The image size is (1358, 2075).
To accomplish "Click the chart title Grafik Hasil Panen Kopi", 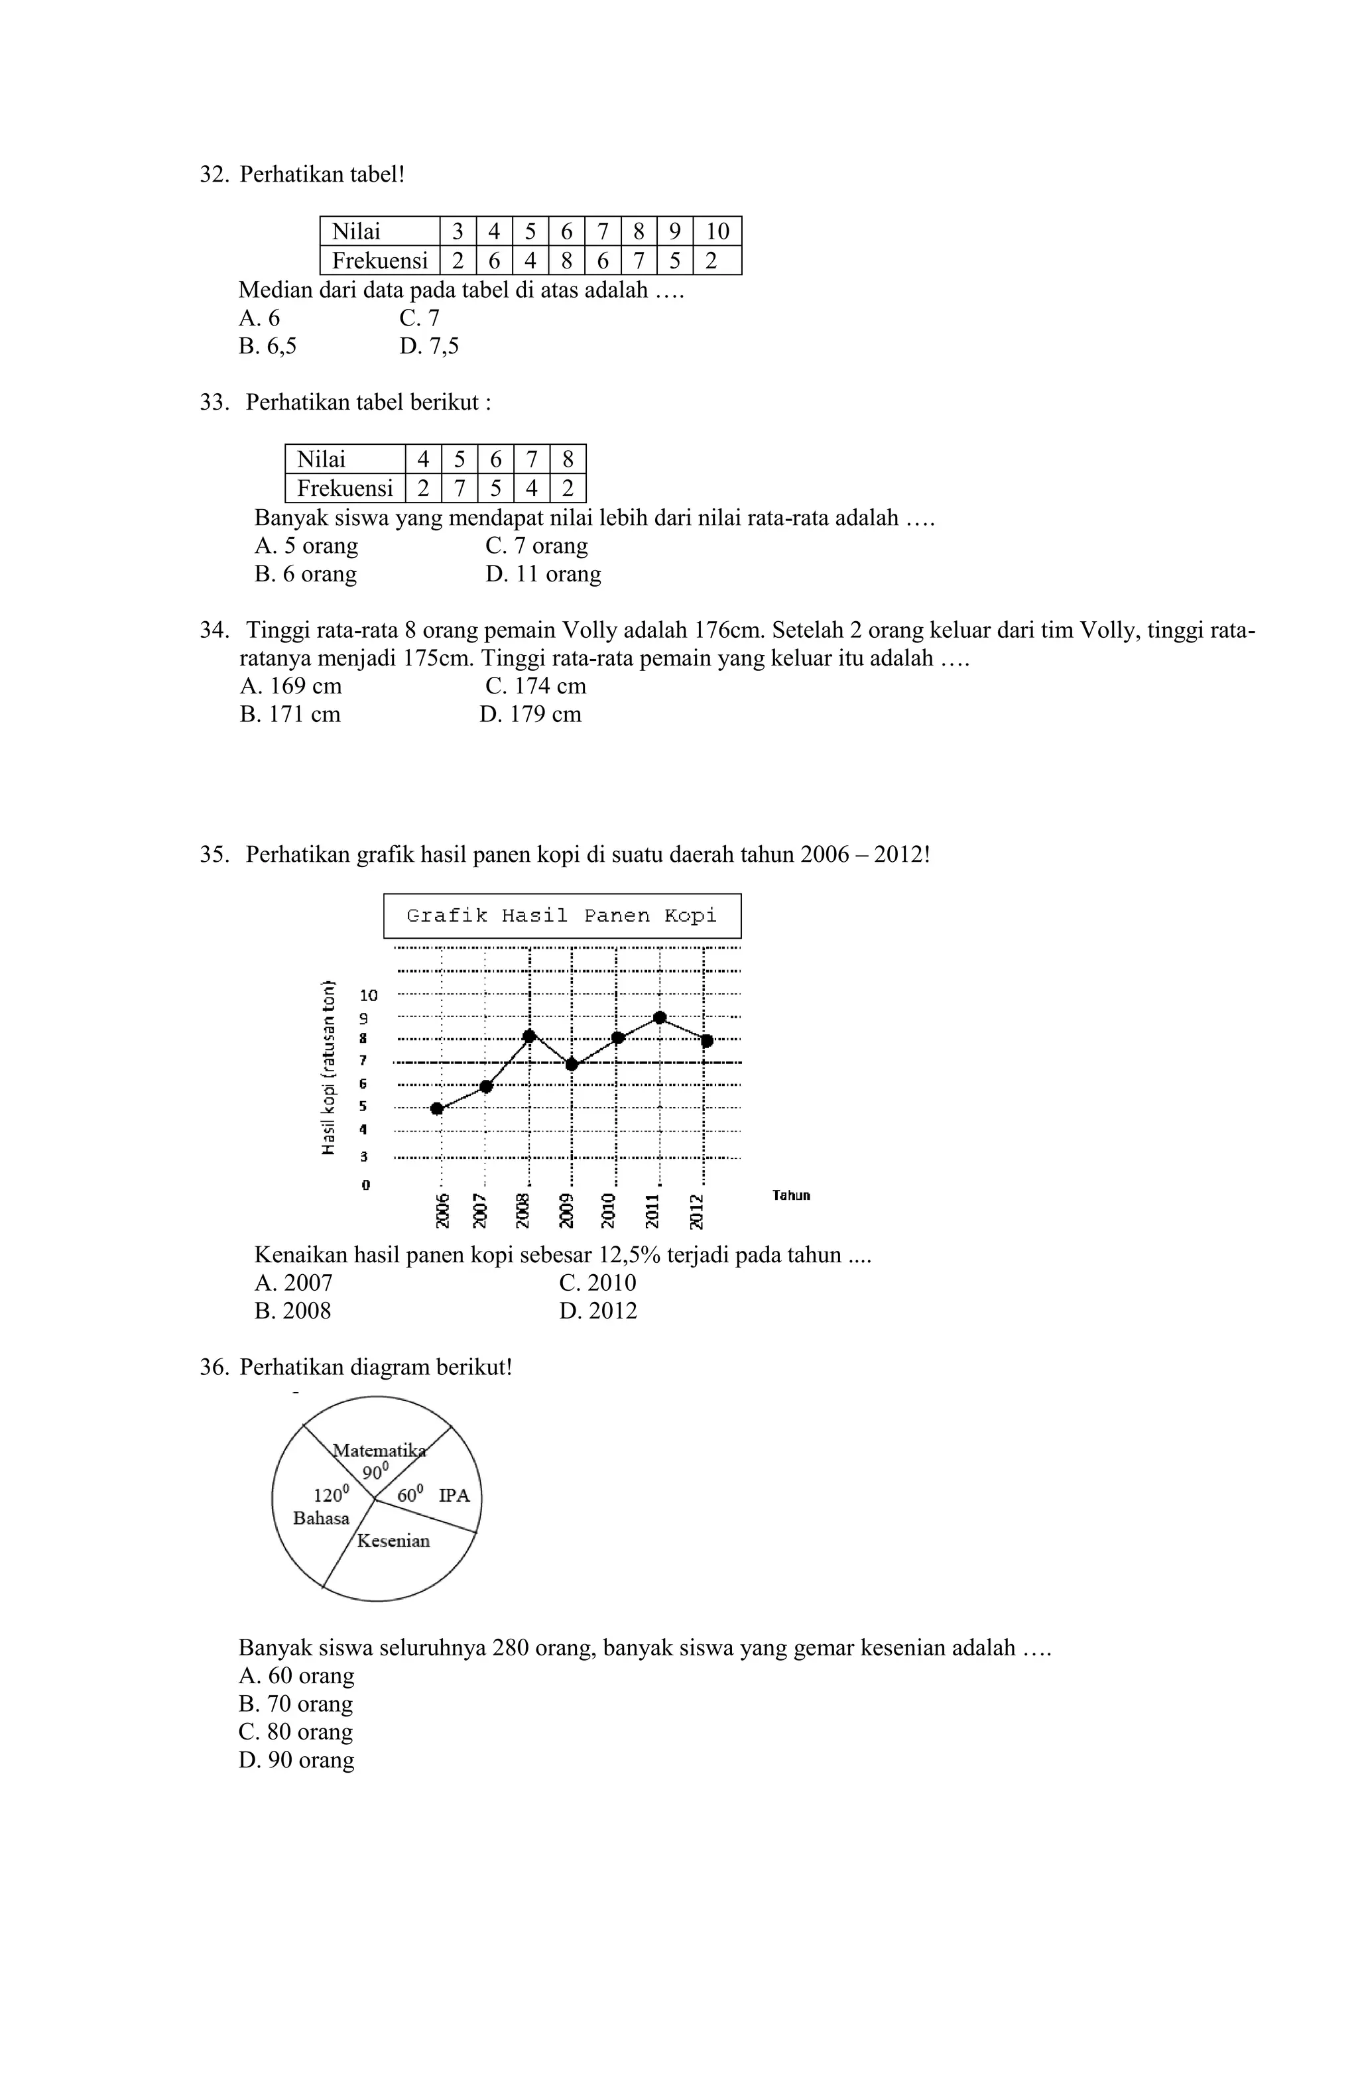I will [562, 916].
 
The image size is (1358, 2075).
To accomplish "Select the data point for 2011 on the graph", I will [660, 1018].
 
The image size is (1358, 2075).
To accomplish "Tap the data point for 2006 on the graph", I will [437, 1109].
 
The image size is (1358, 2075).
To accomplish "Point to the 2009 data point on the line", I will [572, 1065].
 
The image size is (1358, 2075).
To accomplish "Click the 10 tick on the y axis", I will [369, 995].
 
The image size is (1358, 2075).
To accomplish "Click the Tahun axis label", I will [791, 1195].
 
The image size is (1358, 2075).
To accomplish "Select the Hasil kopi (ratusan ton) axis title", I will [329, 1068].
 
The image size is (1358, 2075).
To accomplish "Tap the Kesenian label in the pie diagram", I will [393, 1541].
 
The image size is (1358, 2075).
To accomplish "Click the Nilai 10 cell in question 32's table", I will [717, 232].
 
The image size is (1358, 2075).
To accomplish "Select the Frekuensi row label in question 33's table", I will [345, 488].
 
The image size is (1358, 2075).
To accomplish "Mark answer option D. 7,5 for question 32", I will [429, 347].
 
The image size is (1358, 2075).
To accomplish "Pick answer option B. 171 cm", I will [290, 715].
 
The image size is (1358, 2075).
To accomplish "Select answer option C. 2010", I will [597, 1283].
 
